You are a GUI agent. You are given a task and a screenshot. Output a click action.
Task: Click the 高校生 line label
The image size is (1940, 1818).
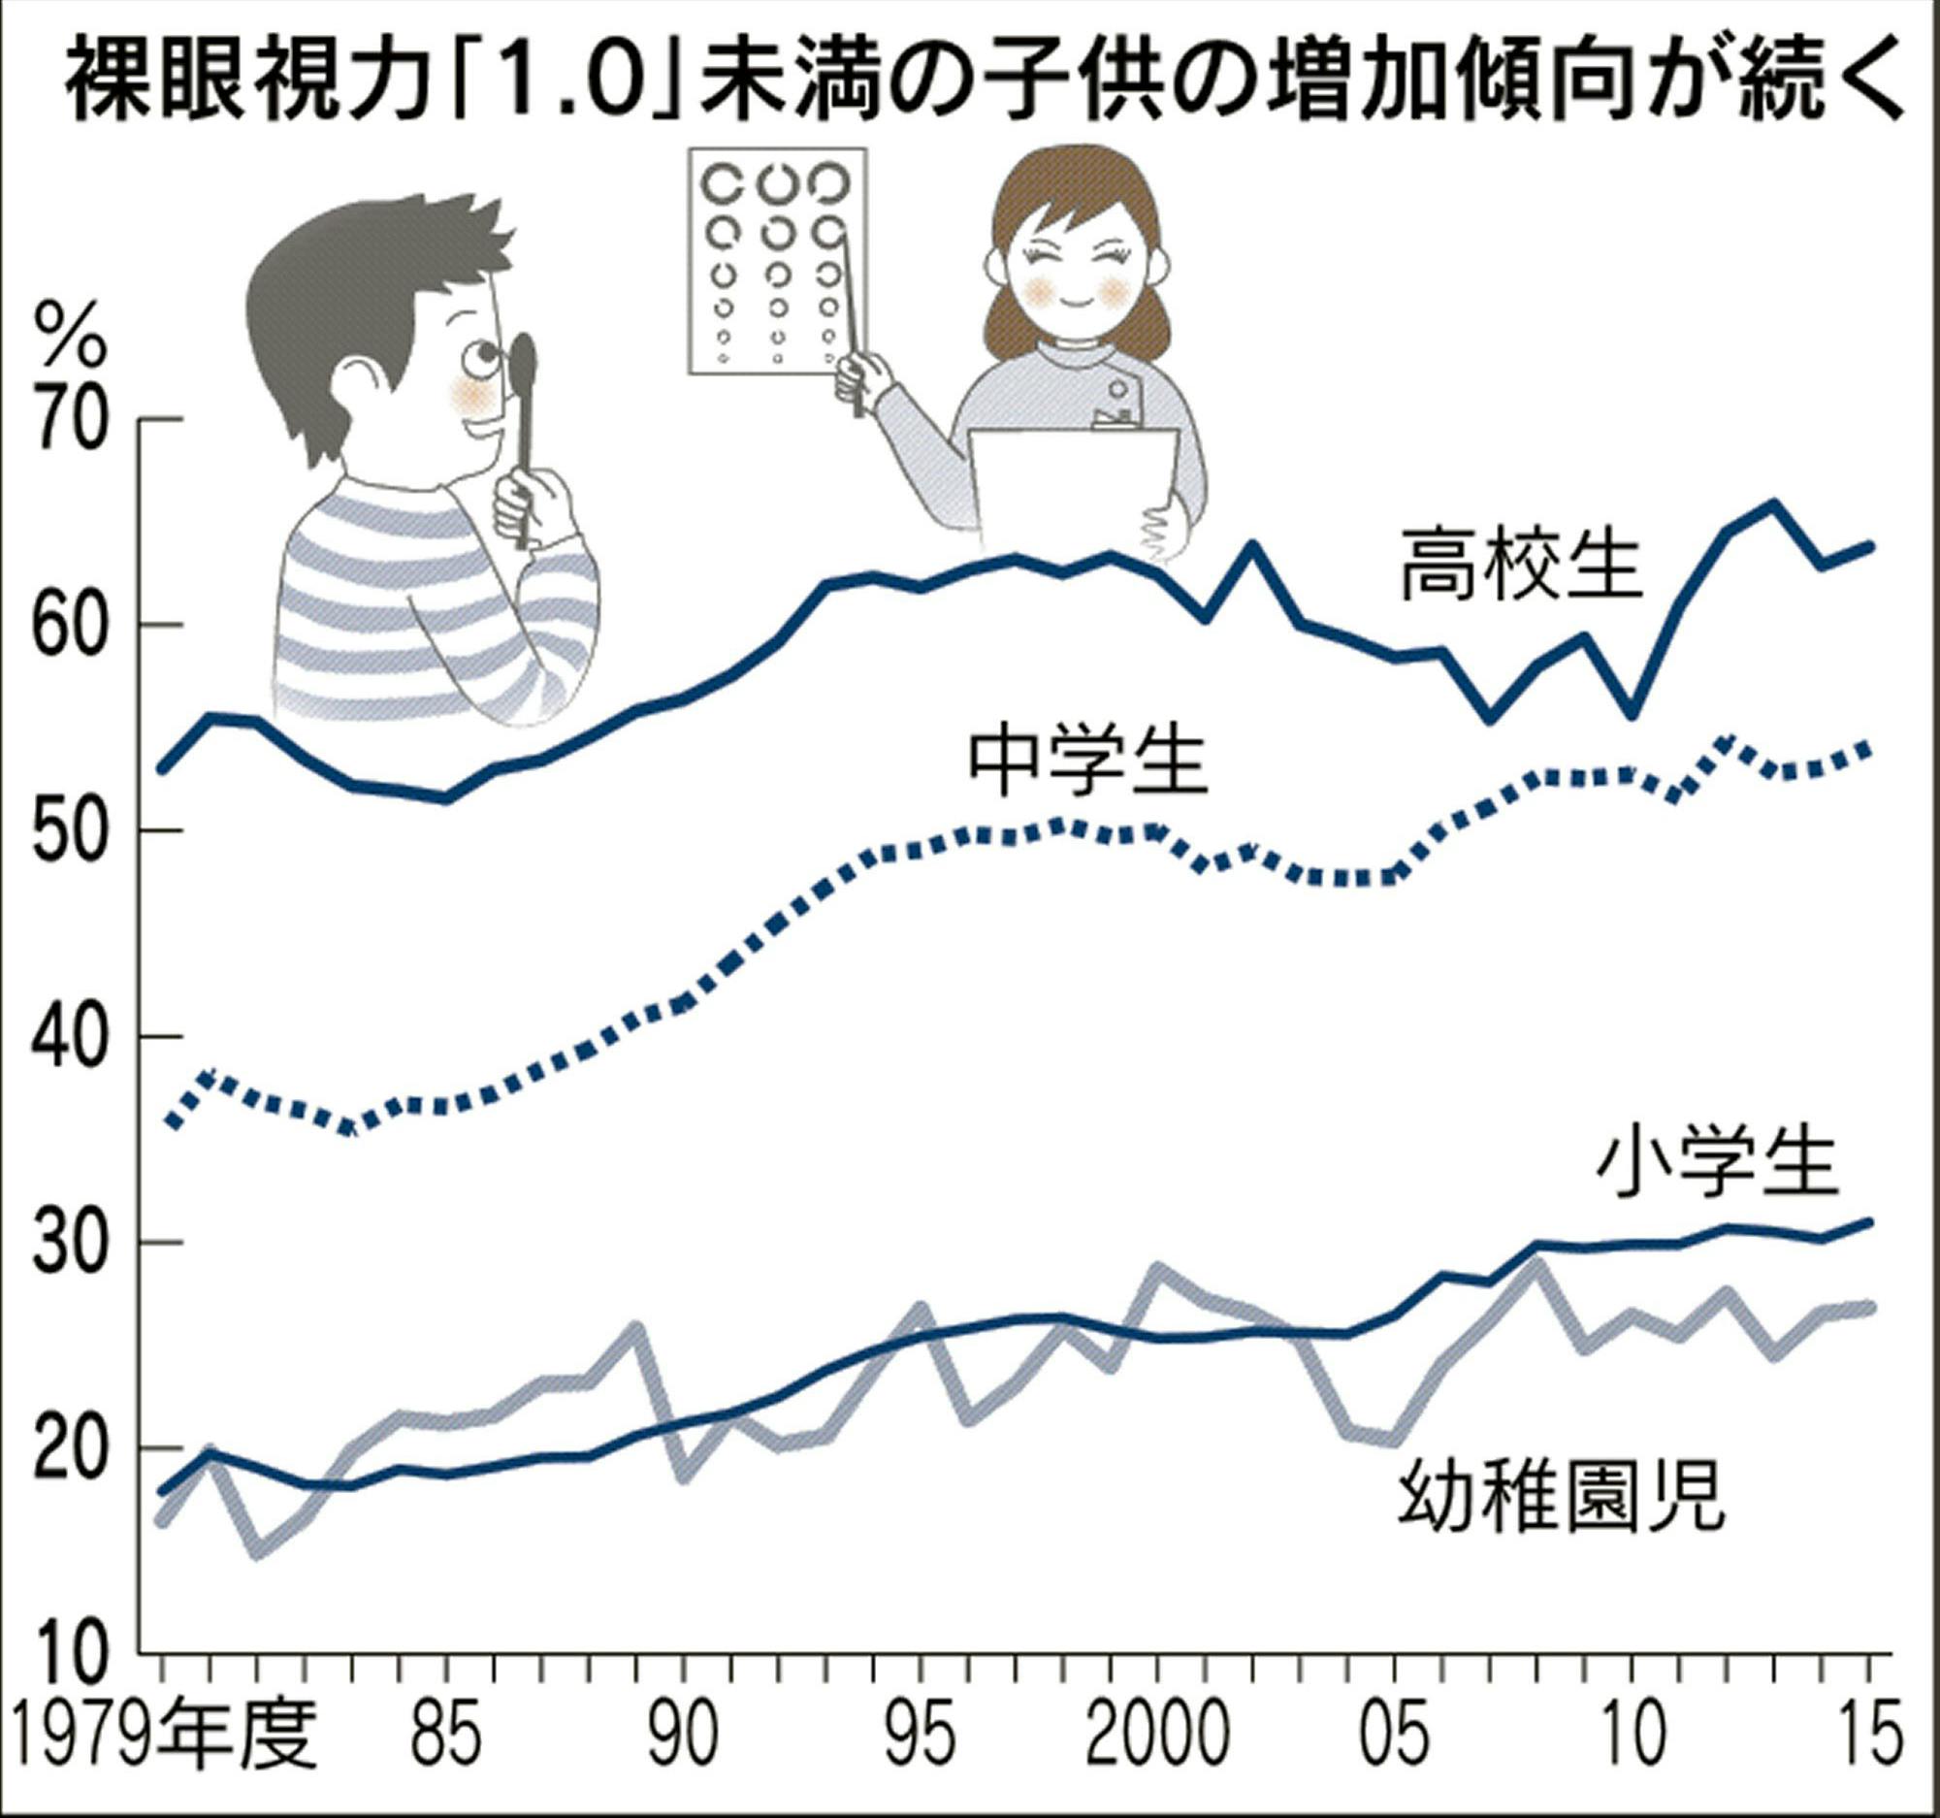coord(1521,567)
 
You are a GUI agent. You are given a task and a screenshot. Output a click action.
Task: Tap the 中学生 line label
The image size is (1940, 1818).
coord(1088,764)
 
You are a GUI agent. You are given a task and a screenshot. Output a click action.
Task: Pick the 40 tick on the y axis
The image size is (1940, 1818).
coord(68,1036)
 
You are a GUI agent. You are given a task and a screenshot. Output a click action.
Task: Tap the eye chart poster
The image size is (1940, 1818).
coord(778,261)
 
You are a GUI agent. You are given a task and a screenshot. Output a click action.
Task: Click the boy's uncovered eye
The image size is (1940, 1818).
coord(478,359)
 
